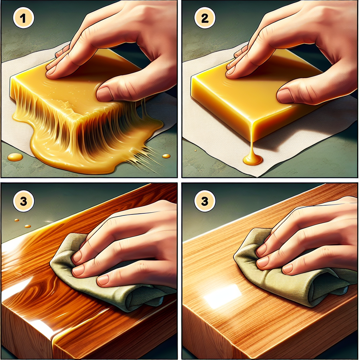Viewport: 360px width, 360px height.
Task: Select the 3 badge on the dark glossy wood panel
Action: click(x=24, y=201)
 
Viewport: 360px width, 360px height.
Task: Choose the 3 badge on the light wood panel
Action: click(x=205, y=201)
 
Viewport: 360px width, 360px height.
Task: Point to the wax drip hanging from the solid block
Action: click(x=252, y=157)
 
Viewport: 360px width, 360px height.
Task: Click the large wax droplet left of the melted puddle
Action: click(x=15, y=157)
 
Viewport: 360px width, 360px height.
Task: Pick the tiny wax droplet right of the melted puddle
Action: click(x=166, y=156)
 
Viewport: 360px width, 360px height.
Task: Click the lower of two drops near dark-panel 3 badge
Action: click(x=27, y=226)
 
